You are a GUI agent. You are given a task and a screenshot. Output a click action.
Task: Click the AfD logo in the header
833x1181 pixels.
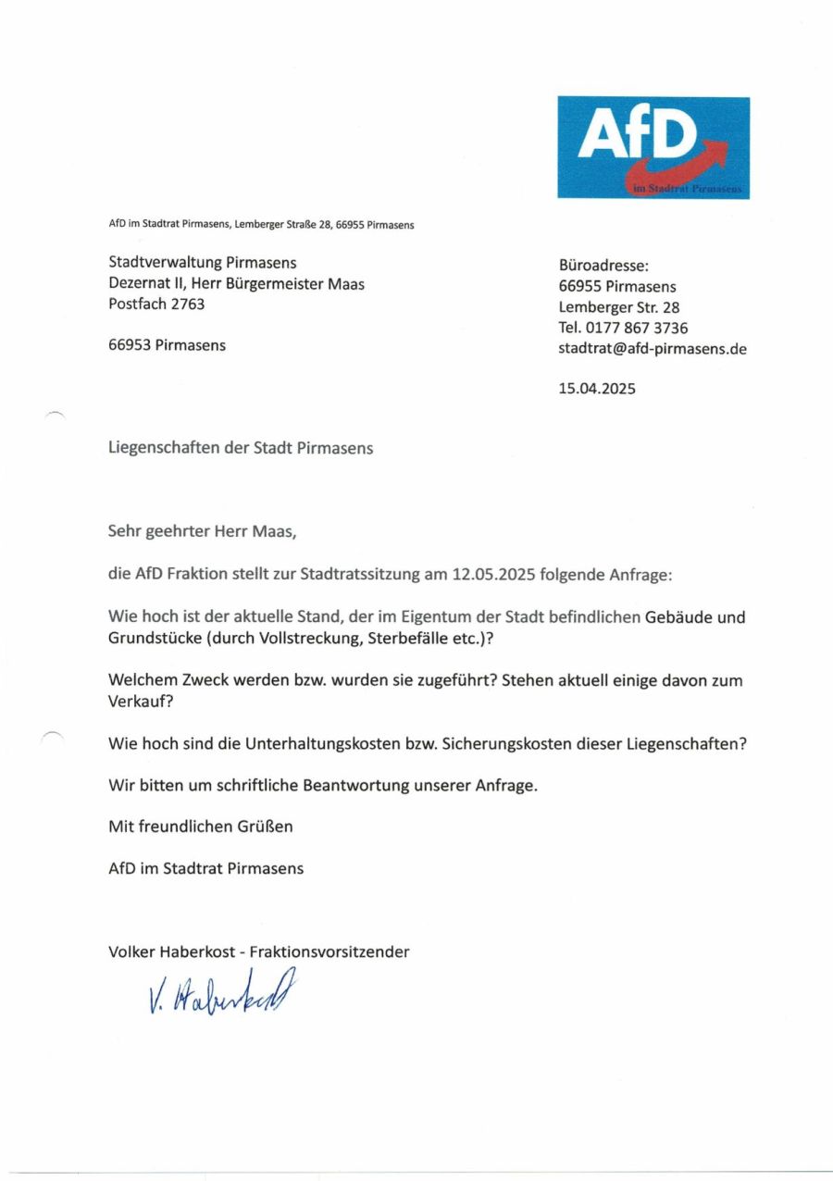(x=653, y=146)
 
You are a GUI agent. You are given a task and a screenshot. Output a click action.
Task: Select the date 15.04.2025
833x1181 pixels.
(x=597, y=389)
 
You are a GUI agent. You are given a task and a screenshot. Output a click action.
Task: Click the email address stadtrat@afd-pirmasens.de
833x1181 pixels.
(x=653, y=349)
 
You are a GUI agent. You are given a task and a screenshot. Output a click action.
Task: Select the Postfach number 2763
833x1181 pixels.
(x=187, y=304)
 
